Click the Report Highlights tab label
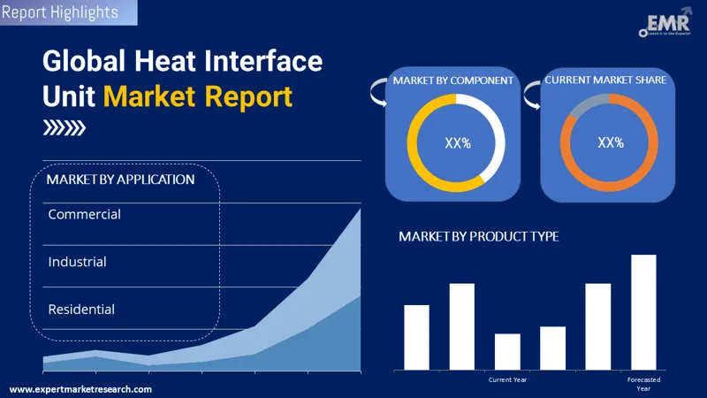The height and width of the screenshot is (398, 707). (59, 12)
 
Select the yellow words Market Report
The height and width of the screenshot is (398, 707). (197, 96)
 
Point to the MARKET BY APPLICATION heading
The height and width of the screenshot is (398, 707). (120, 180)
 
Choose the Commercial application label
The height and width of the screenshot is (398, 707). (85, 214)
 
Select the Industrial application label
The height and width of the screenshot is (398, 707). (78, 262)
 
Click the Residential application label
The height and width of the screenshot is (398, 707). (81, 310)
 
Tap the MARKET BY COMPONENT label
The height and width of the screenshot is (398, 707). (453, 80)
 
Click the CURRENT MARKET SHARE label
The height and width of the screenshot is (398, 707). (605, 80)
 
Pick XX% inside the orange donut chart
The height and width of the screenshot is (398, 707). (610, 142)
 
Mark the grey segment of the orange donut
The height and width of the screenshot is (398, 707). (584, 103)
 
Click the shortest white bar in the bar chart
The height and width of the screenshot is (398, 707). (507, 351)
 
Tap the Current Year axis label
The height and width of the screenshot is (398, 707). (507, 379)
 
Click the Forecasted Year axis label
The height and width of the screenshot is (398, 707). (643, 384)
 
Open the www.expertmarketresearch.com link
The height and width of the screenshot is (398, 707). (80, 389)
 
